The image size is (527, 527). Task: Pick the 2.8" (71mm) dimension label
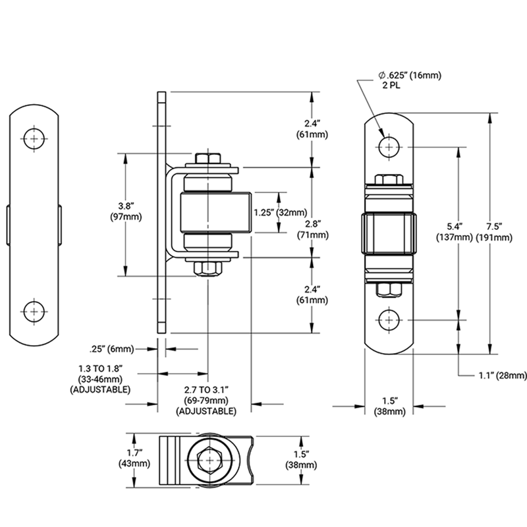(x=313, y=229)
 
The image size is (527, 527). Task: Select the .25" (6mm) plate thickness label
(x=113, y=349)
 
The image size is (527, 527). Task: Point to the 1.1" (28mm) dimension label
(x=503, y=375)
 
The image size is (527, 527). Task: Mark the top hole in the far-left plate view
(x=34, y=138)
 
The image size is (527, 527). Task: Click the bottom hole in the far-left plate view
(x=34, y=310)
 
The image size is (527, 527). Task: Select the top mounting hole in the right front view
(x=389, y=145)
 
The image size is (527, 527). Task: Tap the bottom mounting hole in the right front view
(x=389, y=320)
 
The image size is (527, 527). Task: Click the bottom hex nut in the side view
(x=208, y=267)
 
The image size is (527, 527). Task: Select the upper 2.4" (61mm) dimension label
(x=313, y=128)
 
